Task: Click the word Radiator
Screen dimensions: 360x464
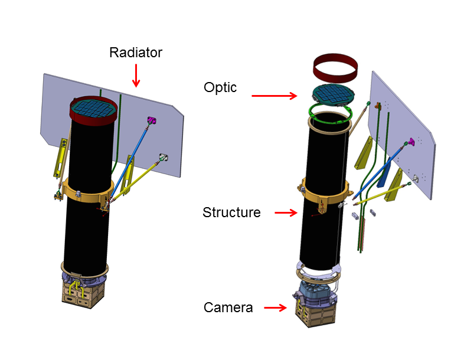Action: click(136, 53)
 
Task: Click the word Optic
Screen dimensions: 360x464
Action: click(220, 87)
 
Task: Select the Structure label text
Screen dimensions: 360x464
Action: click(231, 212)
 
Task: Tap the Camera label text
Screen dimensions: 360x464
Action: click(228, 307)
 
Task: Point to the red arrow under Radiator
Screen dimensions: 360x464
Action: click(136, 74)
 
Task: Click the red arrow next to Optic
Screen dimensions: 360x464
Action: click(275, 94)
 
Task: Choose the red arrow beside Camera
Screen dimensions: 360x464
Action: click(275, 307)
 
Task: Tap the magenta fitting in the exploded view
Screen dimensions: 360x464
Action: click(407, 142)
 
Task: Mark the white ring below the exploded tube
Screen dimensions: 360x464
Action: click(319, 273)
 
